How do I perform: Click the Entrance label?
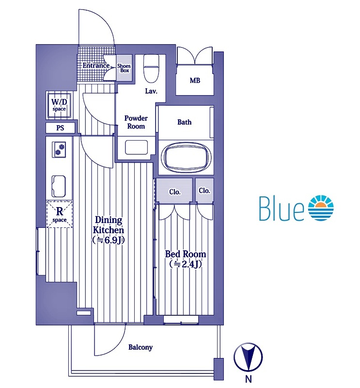96,65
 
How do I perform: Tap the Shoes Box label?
124,68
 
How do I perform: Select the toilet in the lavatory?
151,68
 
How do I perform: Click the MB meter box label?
195,81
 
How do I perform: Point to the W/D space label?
59,105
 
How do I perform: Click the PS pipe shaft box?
60,128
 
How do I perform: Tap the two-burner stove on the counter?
59,149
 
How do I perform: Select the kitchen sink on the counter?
59,186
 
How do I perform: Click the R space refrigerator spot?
59,214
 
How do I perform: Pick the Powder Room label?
136,122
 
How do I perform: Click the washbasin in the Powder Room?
136,147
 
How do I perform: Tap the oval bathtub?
186,157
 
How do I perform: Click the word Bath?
184,122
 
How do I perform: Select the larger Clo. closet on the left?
174,191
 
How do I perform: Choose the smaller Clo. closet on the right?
204,191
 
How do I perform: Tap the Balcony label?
141,347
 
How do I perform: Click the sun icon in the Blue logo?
321,208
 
